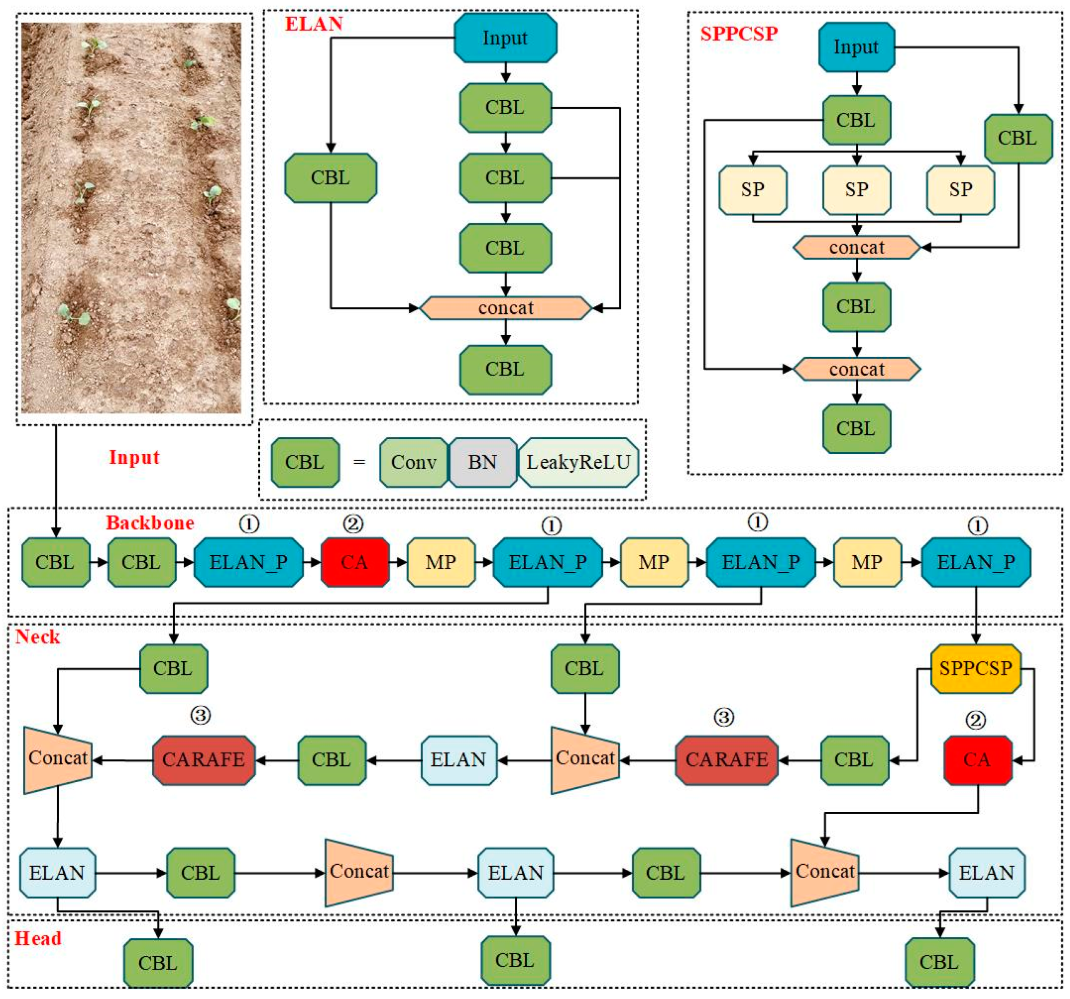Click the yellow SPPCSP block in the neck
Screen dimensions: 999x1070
975,668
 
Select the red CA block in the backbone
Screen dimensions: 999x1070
355,562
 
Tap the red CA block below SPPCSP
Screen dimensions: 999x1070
978,760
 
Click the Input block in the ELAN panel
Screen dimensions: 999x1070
505,38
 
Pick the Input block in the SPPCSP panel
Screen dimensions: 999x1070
856,47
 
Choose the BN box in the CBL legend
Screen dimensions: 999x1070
482,462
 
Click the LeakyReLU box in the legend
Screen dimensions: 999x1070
578,462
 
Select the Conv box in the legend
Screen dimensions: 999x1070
413,462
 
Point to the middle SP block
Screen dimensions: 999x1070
856,189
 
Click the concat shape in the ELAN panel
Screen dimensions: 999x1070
505,308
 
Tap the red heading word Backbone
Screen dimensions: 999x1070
150,522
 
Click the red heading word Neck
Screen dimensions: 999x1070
38,637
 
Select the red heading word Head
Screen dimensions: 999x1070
38,938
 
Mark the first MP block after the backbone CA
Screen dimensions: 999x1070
441,562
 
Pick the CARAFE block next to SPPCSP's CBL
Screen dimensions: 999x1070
726,760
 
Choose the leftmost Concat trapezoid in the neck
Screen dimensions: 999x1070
58,760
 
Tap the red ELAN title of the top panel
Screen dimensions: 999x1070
313,24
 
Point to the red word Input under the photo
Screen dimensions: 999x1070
134,457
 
